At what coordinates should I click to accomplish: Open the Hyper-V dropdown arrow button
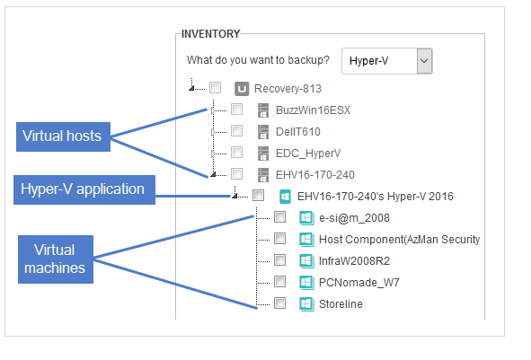point(424,61)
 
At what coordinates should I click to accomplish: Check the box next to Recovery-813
point(215,88)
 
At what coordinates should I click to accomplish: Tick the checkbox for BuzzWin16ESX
point(236,110)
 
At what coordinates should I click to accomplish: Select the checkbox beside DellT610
point(236,130)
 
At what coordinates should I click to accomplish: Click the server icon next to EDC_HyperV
point(263,154)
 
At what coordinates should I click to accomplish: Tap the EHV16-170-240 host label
point(315,175)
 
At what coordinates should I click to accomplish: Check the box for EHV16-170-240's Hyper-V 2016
point(259,195)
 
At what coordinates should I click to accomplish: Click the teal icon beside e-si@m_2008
point(306,218)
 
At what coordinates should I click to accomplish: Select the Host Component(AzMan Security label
point(399,240)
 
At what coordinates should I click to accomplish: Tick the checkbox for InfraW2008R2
point(280,259)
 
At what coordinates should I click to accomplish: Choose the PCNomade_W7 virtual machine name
point(359,283)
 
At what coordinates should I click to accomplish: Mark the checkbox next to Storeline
point(280,303)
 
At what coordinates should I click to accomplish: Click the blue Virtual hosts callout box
point(63,136)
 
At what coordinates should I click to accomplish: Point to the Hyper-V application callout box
point(84,189)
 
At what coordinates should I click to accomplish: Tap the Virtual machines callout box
point(56,259)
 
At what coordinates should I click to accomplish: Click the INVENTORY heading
point(210,34)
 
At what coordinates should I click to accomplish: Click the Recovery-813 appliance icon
point(242,89)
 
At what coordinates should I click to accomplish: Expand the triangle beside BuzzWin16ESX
point(213,110)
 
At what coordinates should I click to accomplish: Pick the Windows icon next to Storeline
point(306,303)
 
